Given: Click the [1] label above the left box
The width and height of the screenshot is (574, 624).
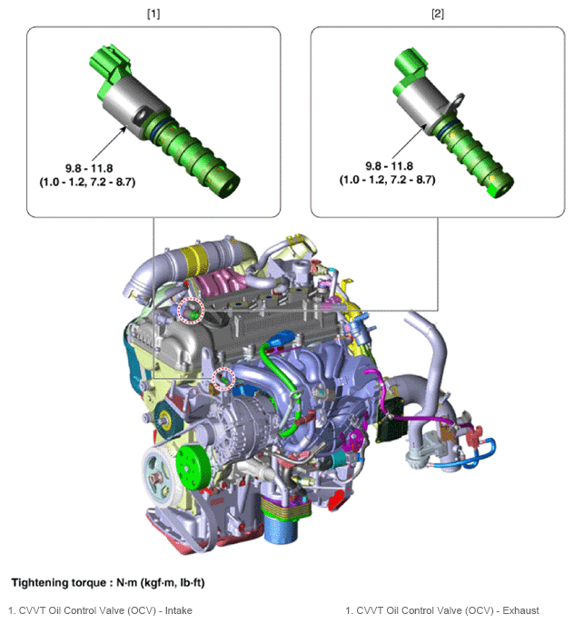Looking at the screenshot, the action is click(x=153, y=14).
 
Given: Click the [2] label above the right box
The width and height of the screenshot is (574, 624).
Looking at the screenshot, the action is click(x=438, y=14).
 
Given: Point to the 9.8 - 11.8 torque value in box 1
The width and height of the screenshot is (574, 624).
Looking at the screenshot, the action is click(x=89, y=168).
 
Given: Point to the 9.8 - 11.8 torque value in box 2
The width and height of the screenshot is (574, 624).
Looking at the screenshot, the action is click(x=389, y=166).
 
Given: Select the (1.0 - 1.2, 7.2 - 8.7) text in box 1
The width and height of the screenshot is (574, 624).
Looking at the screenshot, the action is click(x=87, y=183).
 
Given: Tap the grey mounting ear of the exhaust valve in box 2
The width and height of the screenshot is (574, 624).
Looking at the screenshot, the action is click(x=457, y=102).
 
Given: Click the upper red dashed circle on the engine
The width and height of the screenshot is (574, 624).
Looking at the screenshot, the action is click(x=191, y=311).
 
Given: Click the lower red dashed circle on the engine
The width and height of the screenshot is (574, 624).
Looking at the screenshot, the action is click(x=223, y=380).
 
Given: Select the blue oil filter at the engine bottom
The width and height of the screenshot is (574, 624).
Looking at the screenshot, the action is click(x=281, y=529).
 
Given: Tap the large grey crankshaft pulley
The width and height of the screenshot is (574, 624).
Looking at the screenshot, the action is click(x=156, y=477).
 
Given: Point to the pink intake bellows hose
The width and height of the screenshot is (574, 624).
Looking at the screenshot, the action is click(x=221, y=282).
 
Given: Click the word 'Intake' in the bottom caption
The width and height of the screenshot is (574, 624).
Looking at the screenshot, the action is click(x=178, y=610).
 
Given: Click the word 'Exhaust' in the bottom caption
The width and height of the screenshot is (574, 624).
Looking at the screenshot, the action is click(x=520, y=610).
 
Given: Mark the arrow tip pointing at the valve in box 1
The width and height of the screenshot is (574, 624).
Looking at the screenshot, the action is click(x=125, y=127).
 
